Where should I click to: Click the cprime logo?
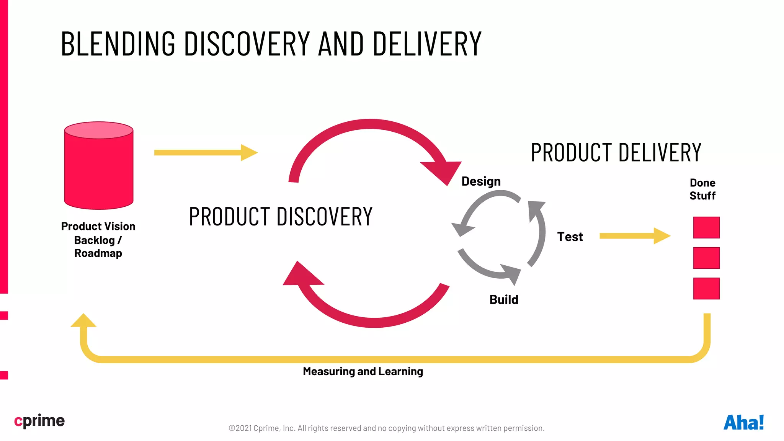pyautogui.click(x=39, y=421)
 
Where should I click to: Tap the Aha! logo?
pyautogui.click(x=743, y=423)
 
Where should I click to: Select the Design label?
pyautogui.click(x=481, y=181)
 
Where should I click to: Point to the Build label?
pyautogui.click(x=504, y=299)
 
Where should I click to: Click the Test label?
pyautogui.click(x=570, y=237)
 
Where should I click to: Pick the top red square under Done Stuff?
pyautogui.click(x=706, y=227)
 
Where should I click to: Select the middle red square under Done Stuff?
pyautogui.click(x=706, y=258)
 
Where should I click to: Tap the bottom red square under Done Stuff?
pyautogui.click(x=706, y=288)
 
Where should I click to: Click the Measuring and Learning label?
pyautogui.click(x=363, y=371)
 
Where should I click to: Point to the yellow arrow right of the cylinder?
pyautogui.click(x=206, y=153)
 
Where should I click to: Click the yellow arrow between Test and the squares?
pyautogui.click(x=634, y=236)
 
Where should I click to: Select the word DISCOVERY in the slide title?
pyautogui.click(x=247, y=44)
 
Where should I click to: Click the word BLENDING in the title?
pyautogui.click(x=118, y=44)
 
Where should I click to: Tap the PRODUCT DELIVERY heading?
pyautogui.click(x=616, y=152)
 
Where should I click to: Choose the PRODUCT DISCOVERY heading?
pyautogui.click(x=281, y=216)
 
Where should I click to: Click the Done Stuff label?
pyautogui.click(x=702, y=189)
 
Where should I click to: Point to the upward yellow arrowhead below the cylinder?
pyautogui.click(x=83, y=321)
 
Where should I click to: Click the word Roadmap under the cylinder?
pyautogui.click(x=98, y=253)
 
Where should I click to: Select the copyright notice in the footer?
pyautogui.click(x=386, y=428)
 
